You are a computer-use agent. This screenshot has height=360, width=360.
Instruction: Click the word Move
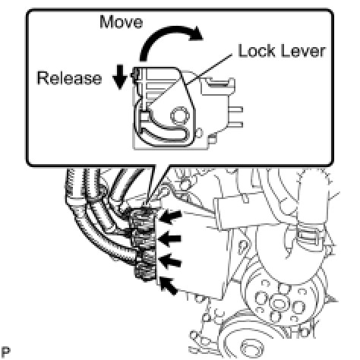coord(122,22)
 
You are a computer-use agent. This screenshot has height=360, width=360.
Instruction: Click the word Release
coord(69,78)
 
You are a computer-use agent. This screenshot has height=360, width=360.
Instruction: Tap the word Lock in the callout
coord(257,51)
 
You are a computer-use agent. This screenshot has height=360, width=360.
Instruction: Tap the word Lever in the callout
coord(302,51)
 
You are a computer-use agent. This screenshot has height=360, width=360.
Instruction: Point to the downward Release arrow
coord(120,77)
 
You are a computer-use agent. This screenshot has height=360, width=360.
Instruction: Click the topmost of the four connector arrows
coord(172,216)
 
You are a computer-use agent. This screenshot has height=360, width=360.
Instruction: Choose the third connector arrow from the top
coord(171,261)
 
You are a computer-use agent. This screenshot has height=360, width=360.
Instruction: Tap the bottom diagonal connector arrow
coord(169,286)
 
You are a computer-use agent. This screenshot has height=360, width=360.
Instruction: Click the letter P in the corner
coord(5,352)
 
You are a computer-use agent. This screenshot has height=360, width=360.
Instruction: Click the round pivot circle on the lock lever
coord(180,116)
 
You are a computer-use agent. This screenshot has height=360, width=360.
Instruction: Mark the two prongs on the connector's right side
coord(235,117)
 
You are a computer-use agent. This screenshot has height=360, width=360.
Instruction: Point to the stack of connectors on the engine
coord(144,243)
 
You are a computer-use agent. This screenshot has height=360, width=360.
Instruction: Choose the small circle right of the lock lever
coord(199,133)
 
